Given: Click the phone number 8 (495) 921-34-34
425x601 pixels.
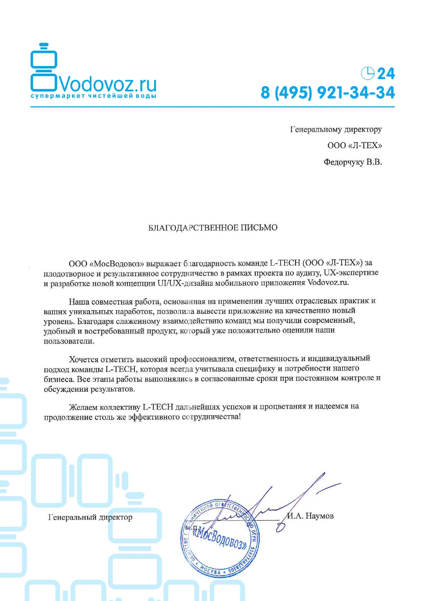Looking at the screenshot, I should [327, 93].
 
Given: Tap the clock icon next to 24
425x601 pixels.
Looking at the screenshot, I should [367, 73].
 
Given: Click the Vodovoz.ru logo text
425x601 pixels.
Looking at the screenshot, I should [108, 84].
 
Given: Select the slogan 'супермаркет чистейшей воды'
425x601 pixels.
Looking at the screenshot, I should [93, 96].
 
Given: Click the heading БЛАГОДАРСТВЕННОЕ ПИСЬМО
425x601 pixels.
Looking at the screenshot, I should [212, 228].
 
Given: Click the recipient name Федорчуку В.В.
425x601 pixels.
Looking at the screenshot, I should [353, 162].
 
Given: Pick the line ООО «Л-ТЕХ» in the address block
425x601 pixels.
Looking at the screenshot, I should [354, 146].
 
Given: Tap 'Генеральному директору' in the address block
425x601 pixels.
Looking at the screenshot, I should [336, 129].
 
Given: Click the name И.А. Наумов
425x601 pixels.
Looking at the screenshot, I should [311, 516].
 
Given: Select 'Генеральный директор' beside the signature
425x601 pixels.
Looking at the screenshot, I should [90, 517].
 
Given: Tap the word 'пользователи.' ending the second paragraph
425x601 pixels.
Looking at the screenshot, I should [69, 341].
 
